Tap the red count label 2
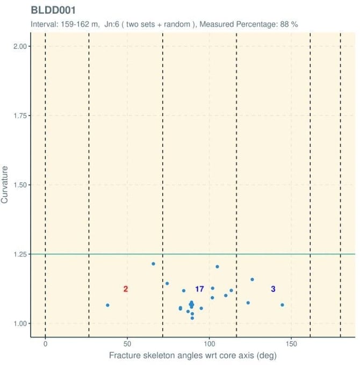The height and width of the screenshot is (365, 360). pyautogui.click(x=126, y=289)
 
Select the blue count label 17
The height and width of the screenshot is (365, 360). pyautogui.click(x=199, y=289)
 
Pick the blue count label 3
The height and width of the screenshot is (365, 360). pyautogui.click(x=273, y=289)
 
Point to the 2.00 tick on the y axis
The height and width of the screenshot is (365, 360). pyautogui.click(x=19, y=46)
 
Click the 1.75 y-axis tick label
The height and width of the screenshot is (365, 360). pyautogui.click(x=19, y=116)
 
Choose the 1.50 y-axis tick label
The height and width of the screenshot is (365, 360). pyautogui.click(x=19, y=185)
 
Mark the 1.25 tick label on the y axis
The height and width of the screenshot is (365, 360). pyautogui.click(x=19, y=254)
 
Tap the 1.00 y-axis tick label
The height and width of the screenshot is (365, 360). pyautogui.click(x=19, y=323)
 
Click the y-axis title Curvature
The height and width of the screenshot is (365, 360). pyautogui.click(x=5, y=185)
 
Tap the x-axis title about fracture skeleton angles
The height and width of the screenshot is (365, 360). pyautogui.click(x=193, y=356)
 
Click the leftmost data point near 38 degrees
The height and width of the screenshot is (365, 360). pyautogui.click(x=107, y=305)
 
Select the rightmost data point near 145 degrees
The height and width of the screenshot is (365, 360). pyautogui.click(x=282, y=305)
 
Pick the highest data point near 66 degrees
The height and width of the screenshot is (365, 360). pyautogui.click(x=153, y=264)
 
